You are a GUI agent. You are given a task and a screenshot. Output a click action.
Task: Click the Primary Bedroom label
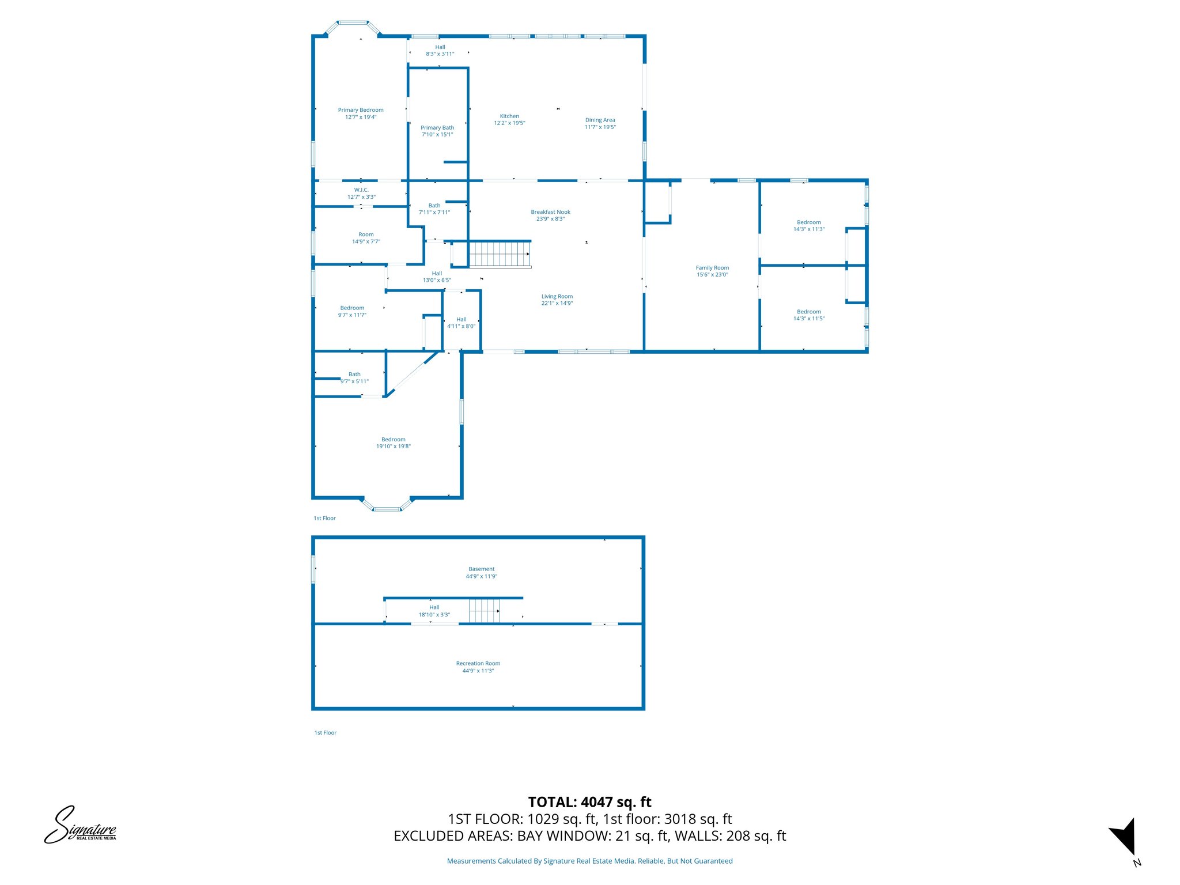click(x=361, y=110)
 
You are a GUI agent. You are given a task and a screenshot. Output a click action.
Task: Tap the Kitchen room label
click(x=509, y=116)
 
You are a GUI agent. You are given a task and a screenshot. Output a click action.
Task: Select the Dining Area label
click(x=600, y=120)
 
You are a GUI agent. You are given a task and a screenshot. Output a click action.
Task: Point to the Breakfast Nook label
click(x=550, y=212)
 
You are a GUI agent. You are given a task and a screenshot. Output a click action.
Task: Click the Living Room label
click(x=557, y=297)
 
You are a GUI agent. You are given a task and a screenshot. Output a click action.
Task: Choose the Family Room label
click(x=712, y=268)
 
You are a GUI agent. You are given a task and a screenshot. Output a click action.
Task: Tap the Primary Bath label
click(x=437, y=128)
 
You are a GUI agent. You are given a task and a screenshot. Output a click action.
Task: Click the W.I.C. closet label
click(x=361, y=190)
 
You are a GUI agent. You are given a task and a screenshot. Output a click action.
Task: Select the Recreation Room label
click(x=478, y=664)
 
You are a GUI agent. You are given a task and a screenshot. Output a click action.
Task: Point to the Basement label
click(x=481, y=569)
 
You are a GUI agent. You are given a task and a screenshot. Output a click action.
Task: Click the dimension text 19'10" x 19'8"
click(x=394, y=447)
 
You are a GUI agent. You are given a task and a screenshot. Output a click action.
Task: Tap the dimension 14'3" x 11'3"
click(x=809, y=229)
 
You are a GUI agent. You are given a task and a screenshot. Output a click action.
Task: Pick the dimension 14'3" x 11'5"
click(x=809, y=319)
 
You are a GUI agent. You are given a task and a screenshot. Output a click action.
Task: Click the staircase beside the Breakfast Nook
click(x=500, y=254)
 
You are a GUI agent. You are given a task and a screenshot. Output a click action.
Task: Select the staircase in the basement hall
click(x=484, y=611)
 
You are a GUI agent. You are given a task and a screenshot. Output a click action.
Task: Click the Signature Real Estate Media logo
click(x=81, y=826)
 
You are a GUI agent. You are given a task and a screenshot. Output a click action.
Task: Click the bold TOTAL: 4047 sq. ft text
click(x=589, y=802)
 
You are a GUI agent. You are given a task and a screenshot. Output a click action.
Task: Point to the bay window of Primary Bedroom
click(x=353, y=25)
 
